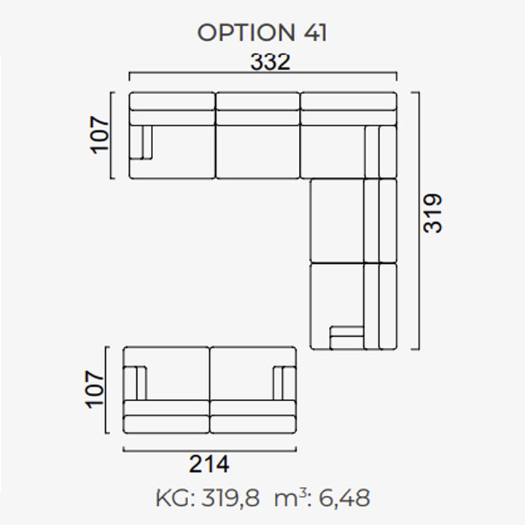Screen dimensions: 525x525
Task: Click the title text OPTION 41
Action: (x=262, y=33)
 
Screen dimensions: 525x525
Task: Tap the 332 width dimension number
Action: (x=271, y=62)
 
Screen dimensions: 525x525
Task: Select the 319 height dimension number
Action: (x=432, y=213)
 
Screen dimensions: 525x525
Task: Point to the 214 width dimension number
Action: (x=209, y=464)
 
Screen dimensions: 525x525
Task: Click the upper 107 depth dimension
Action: (x=100, y=135)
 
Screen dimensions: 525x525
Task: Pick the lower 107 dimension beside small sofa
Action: (x=95, y=389)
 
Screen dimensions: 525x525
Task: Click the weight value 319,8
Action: (x=230, y=498)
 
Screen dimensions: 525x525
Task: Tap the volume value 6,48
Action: (x=344, y=498)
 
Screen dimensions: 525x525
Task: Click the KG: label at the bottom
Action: (x=176, y=498)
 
